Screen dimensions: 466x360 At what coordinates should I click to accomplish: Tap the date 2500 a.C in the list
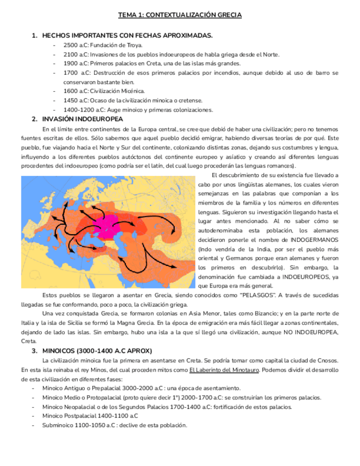coord(75,45)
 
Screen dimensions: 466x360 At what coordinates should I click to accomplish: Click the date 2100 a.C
coord(75,54)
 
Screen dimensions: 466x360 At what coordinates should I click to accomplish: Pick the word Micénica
coord(134,91)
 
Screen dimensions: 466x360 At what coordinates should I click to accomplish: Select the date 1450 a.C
coord(75,100)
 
